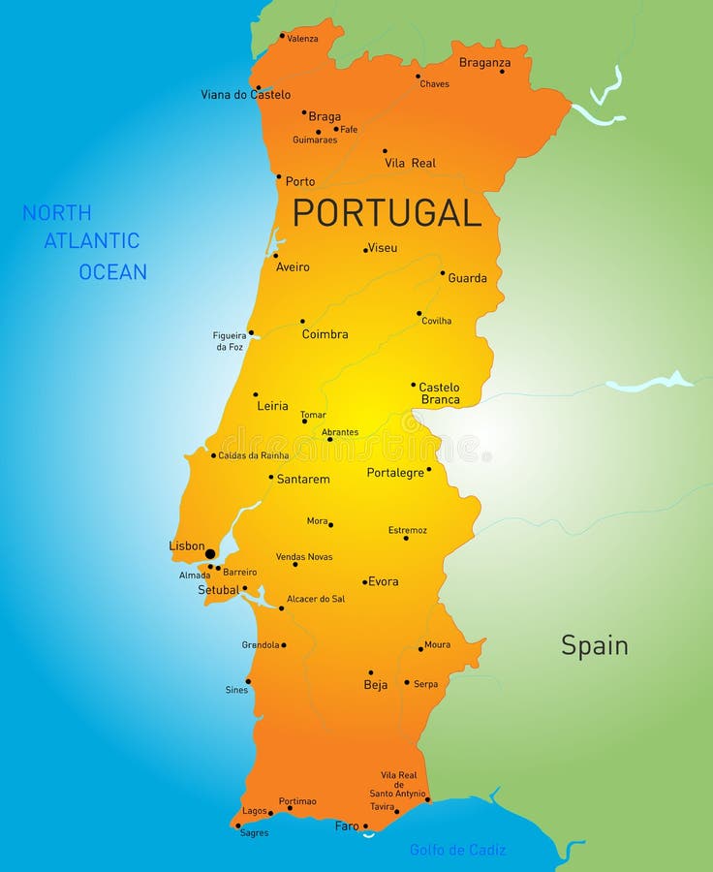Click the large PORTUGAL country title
pyautogui.click(x=387, y=212)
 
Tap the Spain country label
pyautogui.click(x=594, y=645)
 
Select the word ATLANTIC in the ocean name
pyautogui.click(x=92, y=241)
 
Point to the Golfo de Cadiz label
pyautogui.click(x=457, y=850)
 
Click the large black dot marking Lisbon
pyautogui.click(x=210, y=554)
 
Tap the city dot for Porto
pyautogui.click(x=279, y=177)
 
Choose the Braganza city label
pyautogui.click(x=484, y=63)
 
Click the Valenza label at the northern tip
pyautogui.click(x=302, y=38)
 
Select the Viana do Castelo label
pyautogui.click(x=245, y=95)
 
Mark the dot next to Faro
pyautogui.click(x=365, y=826)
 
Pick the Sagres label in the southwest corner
pyautogui.click(x=254, y=832)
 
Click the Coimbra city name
pyautogui.click(x=325, y=334)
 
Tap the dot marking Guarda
pyautogui.click(x=443, y=273)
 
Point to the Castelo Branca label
pyautogui.click(x=440, y=393)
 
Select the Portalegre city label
pyautogui.click(x=395, y=473)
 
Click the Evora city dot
pyautogui.click(x=364, y=582)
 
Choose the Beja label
pyautogui.click(x=375, y=685)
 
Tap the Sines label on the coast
pyautogui.click(x=236, y=690)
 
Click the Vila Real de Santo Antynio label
pyautogui.click(x=397, y=784)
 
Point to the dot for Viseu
pyautogui.click(x=365, y=250)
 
